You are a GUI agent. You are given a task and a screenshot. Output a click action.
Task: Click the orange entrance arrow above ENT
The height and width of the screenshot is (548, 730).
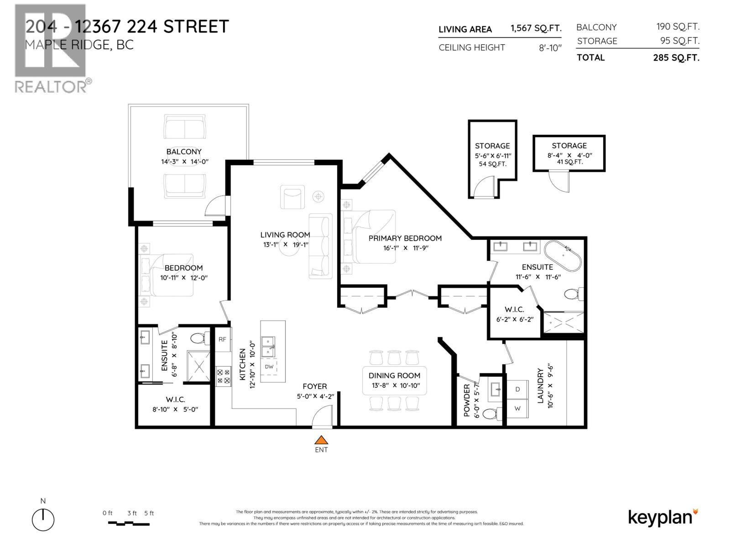click(322, 440)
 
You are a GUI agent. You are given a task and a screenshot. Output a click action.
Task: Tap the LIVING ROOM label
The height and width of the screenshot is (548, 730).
click(285, 235)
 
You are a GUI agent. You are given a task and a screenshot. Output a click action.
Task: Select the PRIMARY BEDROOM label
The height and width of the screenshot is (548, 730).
click(405, 238)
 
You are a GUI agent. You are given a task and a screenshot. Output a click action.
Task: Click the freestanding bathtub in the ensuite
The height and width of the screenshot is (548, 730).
click(563, 256)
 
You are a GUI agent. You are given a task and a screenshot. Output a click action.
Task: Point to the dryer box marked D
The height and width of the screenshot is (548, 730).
click(517, 389)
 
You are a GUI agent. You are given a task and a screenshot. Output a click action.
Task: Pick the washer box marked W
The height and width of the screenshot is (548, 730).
click(517, 408)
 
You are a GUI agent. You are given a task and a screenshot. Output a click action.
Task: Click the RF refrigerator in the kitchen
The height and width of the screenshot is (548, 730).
click(222, 339)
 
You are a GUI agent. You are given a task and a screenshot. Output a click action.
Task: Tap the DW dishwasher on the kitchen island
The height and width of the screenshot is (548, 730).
click(269, 367)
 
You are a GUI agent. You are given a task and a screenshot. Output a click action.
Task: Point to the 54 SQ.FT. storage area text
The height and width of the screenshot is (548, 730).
click(492, 164)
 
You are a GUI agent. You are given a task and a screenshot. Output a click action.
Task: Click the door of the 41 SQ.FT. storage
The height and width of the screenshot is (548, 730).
click(559, 181)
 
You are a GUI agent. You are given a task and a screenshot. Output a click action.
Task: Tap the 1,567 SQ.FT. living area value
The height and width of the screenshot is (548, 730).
click(536, 28)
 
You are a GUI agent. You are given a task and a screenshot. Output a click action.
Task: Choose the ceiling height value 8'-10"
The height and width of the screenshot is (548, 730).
click(550, 48)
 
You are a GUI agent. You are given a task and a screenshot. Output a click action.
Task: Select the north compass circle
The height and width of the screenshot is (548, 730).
click(43, 520)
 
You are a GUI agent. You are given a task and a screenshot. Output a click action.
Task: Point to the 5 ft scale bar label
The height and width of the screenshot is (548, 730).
click(149, 513)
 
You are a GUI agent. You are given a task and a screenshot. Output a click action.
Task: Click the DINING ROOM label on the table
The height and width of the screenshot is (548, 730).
click(394, 375)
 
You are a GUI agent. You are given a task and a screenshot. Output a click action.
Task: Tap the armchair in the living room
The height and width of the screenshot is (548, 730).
click(292, 197)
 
